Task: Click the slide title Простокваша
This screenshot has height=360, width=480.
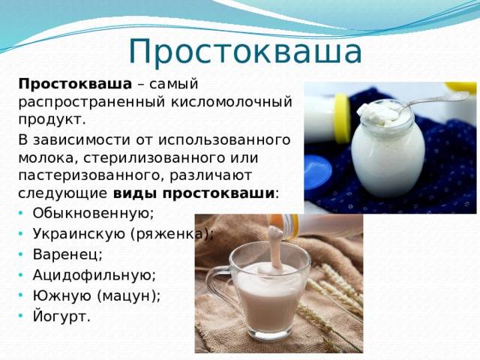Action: point(245,50)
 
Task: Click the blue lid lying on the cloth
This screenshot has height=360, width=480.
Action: point(319,172)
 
